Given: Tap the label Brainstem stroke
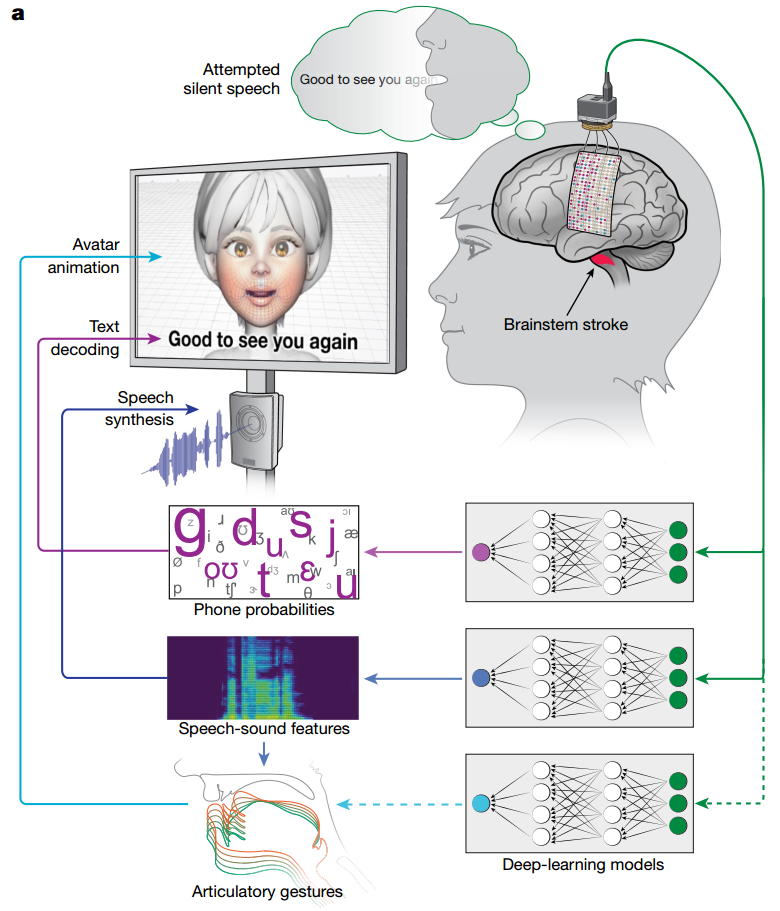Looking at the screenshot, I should pos(567,324).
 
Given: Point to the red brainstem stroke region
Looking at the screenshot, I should pos(604,263).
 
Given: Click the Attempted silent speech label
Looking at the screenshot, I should pos(243,79).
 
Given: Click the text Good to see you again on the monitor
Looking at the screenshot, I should pos(263,340).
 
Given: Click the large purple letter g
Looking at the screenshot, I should pos(190,531).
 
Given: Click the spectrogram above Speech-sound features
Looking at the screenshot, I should pos(262,677).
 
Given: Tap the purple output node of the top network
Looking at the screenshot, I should pos(480,551).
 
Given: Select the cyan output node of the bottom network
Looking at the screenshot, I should pos(480,803).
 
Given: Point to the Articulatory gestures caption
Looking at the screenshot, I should pos(267,891).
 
